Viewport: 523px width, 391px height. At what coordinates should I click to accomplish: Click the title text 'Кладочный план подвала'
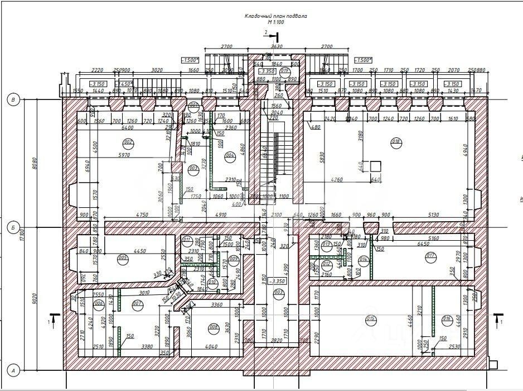click(x=275, y=16)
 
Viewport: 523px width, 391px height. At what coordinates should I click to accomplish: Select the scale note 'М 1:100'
click(x=275, y=22)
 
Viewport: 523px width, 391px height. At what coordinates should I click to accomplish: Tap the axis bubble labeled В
click(x=12, y=99)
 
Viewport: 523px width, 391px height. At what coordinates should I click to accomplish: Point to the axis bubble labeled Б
click(x=12, y=227)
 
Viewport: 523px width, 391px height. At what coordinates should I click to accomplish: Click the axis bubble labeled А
click(x=12, y=369)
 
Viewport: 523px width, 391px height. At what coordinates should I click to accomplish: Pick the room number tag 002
click(x=129, y=142)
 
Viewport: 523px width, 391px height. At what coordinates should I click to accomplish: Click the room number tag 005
click(x=123, y=258)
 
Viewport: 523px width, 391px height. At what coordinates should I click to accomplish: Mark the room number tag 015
click(x=370, y=320)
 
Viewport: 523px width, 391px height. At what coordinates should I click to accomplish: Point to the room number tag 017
click(x=430, y=257)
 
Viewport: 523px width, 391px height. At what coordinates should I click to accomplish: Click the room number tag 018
click(x=396, y=141)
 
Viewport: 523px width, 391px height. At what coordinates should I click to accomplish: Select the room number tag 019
click(x=284, y=71)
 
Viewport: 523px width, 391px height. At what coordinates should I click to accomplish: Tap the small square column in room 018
click(x=375, y=166)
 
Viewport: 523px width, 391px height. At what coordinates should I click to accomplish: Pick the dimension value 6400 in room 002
click(x=127, y=127)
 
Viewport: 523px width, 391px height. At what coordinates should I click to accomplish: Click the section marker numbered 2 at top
click(x=270, y=35)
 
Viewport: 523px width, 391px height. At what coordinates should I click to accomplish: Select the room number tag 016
click(x=447, y=320)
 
